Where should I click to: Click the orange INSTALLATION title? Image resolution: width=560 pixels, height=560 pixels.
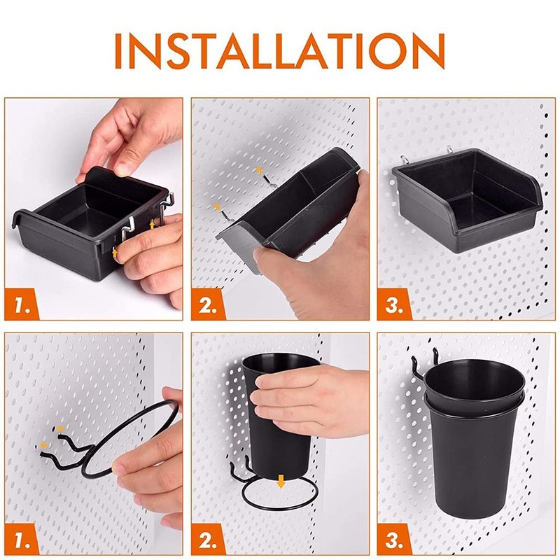click(x=280, y=50)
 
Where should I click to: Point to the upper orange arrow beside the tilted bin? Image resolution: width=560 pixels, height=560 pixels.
click(x=259, y=171)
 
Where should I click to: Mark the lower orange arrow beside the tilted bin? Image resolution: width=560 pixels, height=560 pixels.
click(x=218, y=207)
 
